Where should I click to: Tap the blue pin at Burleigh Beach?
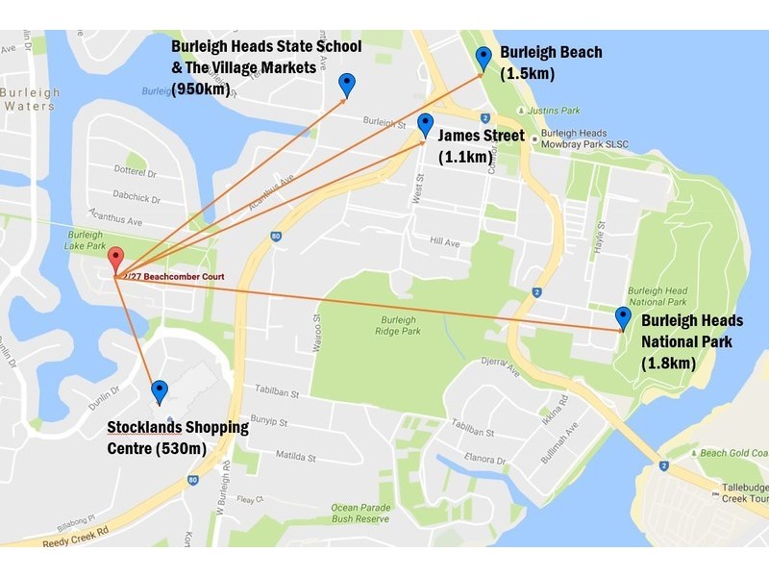(x=484, y=59)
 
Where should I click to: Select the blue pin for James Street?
(x=425, y=125)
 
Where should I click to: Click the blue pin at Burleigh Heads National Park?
(x=623, y=318)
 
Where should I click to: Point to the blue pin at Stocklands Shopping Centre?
(x=160, y=390)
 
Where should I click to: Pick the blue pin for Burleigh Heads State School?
(x=347, y=85)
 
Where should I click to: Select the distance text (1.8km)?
(x=668, y=364)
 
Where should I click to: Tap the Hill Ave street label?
(x=447, y=241)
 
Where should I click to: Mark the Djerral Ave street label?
(x=499, y=365)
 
